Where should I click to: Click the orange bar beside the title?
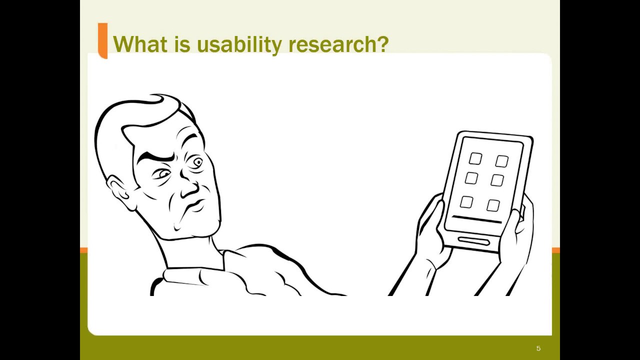[x=102, y=40]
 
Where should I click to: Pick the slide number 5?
[x=538, y=348]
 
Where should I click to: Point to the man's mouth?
[x=195, y=205]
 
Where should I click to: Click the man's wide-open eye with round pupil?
[x=196, y=162]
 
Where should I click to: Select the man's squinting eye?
[x=162, y=174]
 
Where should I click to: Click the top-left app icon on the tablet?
[x=475, y=159]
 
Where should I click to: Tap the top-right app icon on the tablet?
[x=502, y=161]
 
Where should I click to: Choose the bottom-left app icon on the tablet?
[x=466, y=202]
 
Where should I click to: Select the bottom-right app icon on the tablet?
[x=493, y=205]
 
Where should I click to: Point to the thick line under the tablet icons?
[x=476, y=219]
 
